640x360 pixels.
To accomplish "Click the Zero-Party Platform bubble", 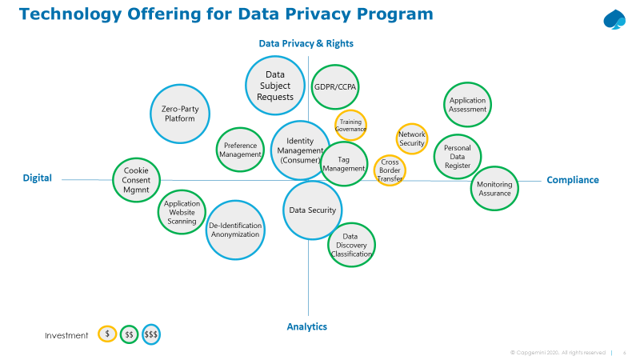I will click(x=181, y=114).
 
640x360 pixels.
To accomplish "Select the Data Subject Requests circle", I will click(x=275, y=86).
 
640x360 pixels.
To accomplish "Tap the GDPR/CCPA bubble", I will click(x=335, y=86).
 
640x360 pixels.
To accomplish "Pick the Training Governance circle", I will click(x=350, y=125).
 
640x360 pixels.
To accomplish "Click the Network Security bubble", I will click(x=412, y=138).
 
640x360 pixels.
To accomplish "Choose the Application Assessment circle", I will click(x=467, y=105).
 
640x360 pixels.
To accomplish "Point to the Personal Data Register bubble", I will click(x=458, y=156).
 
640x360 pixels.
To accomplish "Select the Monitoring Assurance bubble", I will click(x=494, y=189).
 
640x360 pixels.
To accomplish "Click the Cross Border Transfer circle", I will click(x=390, y=169).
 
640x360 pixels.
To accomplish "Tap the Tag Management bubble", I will click(x=344, y=164).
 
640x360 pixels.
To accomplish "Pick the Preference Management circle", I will click(x=240, y=150).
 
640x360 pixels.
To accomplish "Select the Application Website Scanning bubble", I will click(x=182, y=212).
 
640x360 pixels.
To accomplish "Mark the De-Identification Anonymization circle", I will click(x=234, y=230).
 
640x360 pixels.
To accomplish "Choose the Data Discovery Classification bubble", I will click(x=351, y=245).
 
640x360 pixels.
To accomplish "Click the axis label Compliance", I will click(x=572, y=180).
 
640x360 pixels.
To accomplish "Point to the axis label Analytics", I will click(x=307, y=326).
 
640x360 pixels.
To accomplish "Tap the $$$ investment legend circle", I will click(x=151, y=334).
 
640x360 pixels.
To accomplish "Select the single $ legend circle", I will click(x=107, y=334).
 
